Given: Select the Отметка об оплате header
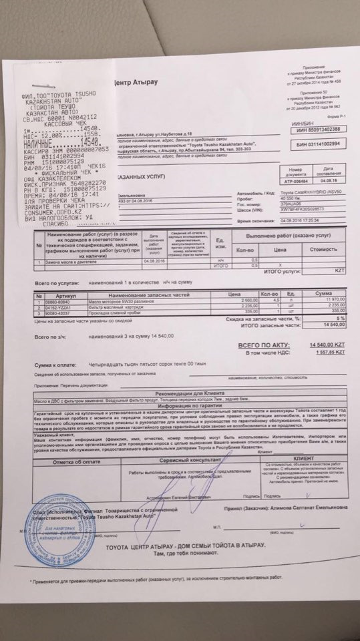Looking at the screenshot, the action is point(79,462).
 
